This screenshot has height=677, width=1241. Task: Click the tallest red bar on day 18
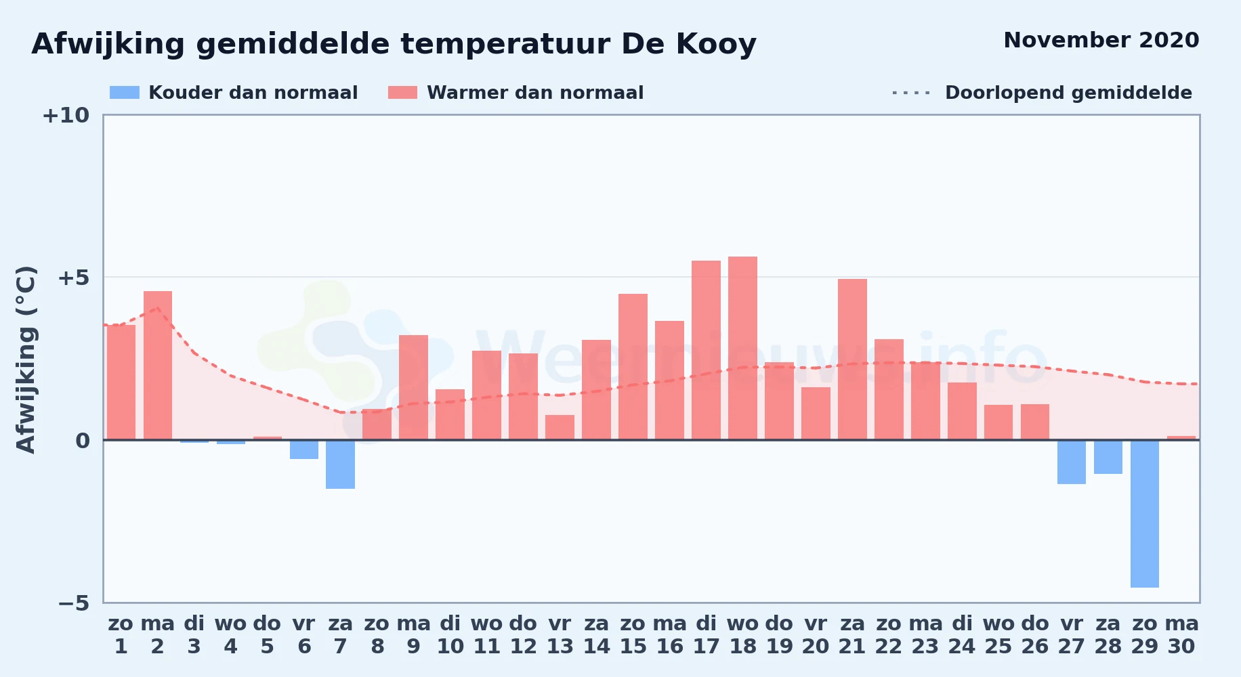742,348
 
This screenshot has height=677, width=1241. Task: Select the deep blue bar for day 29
1145,514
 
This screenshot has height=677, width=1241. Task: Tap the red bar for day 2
158,366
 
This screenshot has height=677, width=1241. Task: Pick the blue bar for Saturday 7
340,464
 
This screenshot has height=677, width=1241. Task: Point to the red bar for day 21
852,359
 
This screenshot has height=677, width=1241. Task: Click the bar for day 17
706,350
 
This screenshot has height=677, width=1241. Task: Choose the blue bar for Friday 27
1072,462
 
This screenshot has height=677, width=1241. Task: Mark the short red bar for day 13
560,427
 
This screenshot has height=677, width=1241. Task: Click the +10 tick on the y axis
66,115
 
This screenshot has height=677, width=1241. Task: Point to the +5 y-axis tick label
73,278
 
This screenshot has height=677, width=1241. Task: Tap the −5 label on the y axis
73,603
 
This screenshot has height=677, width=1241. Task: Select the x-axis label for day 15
633,635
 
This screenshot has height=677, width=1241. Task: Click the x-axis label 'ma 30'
1181,635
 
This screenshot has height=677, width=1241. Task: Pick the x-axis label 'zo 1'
121,635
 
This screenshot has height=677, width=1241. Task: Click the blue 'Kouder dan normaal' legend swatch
125,93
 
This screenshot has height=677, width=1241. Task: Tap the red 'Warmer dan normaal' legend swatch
402,93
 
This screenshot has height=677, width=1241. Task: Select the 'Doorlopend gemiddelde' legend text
1068,93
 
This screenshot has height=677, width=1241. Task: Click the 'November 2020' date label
1101,40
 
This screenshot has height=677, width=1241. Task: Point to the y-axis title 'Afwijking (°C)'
26,359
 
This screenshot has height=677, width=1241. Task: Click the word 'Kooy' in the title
716,45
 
